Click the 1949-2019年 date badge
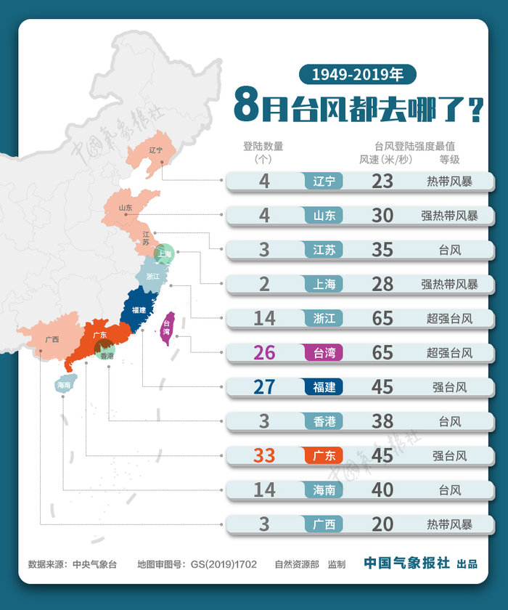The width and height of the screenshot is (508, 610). [357, 73]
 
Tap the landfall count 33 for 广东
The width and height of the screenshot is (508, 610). [264, 455]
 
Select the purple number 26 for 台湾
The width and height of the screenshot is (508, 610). [264, 352]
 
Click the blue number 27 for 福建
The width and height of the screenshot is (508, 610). [264, 386]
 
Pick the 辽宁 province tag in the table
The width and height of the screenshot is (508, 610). [324, 181]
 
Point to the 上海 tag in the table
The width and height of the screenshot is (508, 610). [324, 284]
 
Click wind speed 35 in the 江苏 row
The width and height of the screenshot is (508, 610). [382, 249]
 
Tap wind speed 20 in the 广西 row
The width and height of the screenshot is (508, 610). [382, 524]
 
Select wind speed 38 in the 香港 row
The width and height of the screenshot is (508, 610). [382, 420]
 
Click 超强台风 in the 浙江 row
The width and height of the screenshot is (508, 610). [449, 318]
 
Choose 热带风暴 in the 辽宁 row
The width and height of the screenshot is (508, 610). [449, 181]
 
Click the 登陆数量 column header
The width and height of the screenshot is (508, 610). [263, 146]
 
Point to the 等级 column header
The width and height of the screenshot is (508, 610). [449, 159]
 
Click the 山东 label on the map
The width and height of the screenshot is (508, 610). [126, 208]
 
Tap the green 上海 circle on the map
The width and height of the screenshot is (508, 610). [165, 253]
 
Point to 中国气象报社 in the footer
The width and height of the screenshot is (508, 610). [406, 563]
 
